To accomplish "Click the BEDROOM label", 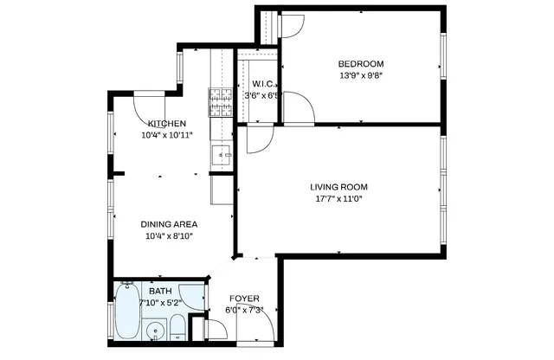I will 361,63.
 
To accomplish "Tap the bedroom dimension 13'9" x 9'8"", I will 361,74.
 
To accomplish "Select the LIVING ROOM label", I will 339,187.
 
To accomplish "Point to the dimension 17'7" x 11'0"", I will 339,198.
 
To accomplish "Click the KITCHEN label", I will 166,124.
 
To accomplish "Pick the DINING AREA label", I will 166,223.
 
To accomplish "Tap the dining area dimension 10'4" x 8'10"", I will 166,235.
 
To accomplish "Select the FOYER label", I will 244,299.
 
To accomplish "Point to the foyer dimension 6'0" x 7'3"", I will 244,310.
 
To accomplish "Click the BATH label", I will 160,292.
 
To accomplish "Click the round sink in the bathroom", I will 157,330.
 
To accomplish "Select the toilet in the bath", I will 176,328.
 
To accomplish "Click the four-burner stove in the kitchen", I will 221,102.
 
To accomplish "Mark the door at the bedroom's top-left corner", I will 291,26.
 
